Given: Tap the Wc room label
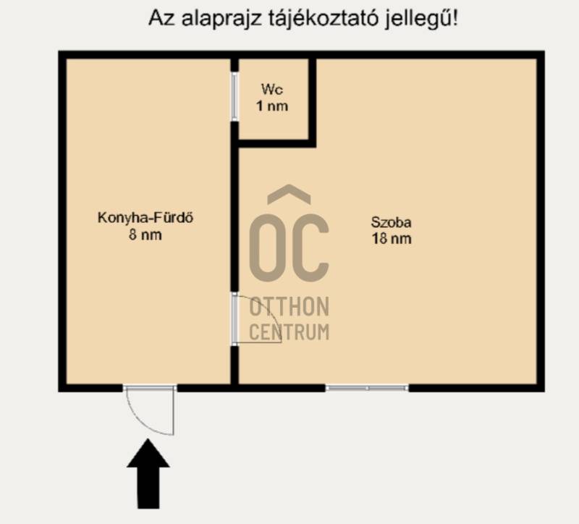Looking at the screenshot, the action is [x=272, y=89].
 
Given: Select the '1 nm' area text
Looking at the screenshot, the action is [x=272, y=106].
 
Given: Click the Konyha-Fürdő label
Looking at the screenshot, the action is [x=145, y=217].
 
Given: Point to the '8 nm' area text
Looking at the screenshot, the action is [x=145, y=234].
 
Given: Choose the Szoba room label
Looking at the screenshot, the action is [x=391, y=222].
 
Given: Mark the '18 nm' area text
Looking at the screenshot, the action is [x=392, y=239].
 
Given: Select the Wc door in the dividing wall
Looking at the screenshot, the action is [x=234, y=97].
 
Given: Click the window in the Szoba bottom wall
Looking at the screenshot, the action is [x=367, y=388].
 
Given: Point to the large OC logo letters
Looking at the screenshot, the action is [x=289, y=248].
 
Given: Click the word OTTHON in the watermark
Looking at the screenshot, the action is [x=289, y=307].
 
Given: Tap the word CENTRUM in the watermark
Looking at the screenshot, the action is [x=289, y=332].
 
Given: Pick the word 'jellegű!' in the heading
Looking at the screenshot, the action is [x=421, y=19].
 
